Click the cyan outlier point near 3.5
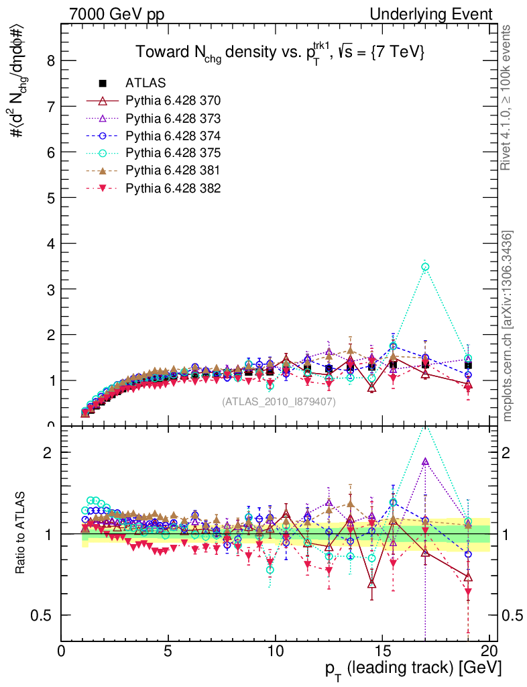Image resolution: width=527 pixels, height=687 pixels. click(x=425, y=267)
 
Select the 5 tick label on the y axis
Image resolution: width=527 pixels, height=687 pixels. click(x=50, y=198)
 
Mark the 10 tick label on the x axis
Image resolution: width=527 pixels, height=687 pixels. click(x=275, y=651)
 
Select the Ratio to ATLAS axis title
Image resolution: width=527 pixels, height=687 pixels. click(x=21, y=534)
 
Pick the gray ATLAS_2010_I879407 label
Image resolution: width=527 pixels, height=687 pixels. click(x=279, y=402)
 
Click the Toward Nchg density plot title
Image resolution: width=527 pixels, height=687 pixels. click(x=280, y=53)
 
